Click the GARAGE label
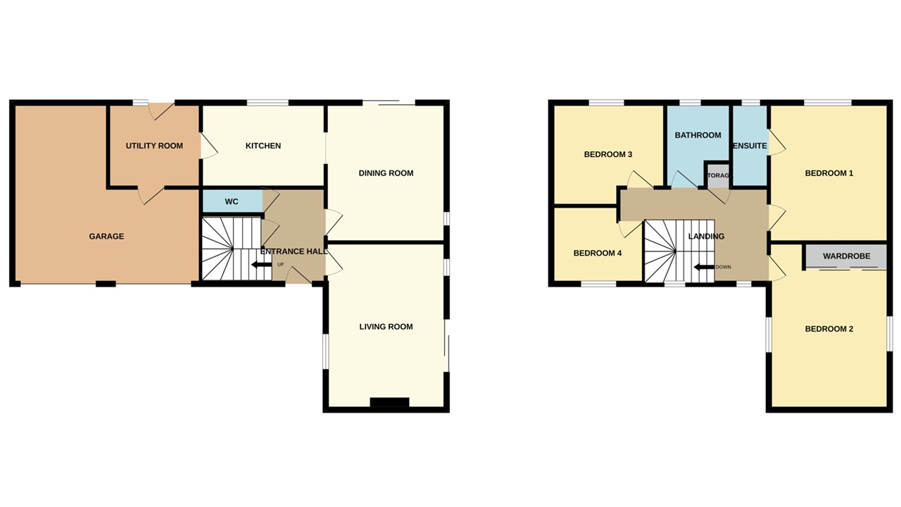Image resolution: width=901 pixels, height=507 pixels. click(106, 237)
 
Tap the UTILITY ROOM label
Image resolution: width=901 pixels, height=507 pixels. click(154, 146)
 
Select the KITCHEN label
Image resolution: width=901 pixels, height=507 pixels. click(263, 146)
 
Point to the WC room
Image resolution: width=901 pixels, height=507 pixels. click(232, 201)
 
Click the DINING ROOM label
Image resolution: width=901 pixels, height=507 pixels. click(386, 173)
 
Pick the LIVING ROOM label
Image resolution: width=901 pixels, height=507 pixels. click(386, 327)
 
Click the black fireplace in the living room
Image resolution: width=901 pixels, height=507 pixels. click(389, 402)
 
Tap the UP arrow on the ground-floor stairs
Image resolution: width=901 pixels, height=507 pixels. click(263, 265)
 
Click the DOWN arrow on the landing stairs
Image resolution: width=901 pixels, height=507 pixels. click(703, 268)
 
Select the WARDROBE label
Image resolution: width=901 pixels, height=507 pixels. click(846, 256)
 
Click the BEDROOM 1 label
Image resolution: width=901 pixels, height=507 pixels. click(828, 173)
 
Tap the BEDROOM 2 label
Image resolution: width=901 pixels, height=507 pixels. click(828, 329)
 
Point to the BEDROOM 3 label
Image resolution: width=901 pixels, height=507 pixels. click(607, 154)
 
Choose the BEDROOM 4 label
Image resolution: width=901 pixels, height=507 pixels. click(597, 254)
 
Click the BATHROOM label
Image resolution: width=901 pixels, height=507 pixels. click(698, 135)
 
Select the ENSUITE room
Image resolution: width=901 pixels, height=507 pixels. click(750, 146)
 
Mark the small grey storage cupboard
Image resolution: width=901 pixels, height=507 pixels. click(717, 175)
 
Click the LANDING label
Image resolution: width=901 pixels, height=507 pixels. click(705, 237)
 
